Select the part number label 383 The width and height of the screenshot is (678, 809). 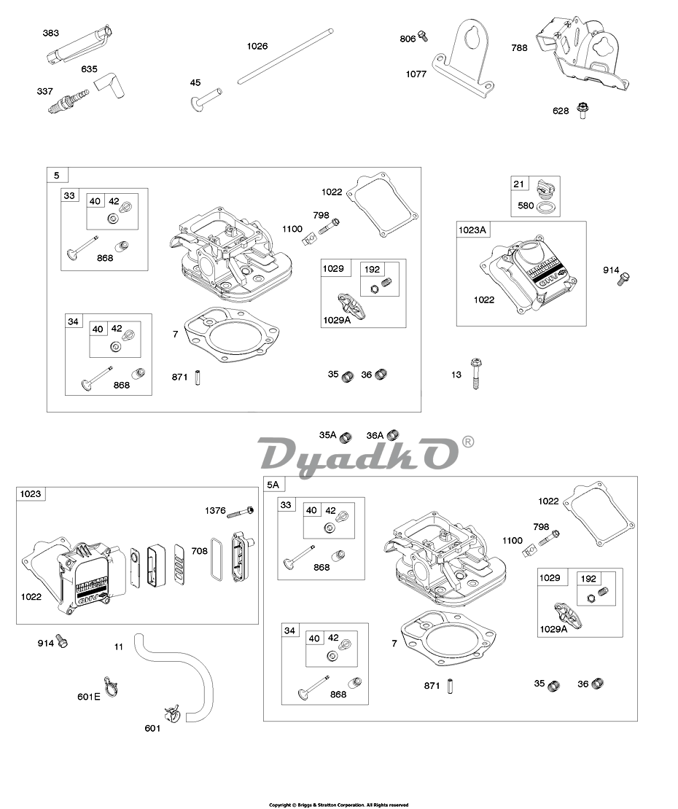(50, 34)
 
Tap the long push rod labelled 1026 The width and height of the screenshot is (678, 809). (284, 58)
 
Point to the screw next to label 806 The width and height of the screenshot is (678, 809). (423, 36)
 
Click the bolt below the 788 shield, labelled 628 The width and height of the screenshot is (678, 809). (581, 112)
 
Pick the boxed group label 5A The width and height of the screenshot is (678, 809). (273, 485)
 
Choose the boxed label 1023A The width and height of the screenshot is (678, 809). (472, 230)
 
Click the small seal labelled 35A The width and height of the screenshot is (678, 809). (347, 436)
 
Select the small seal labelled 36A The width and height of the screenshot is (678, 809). (393, 435)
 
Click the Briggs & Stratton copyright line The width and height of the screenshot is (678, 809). (338, 805)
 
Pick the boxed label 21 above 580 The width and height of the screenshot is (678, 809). (518, 184)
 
